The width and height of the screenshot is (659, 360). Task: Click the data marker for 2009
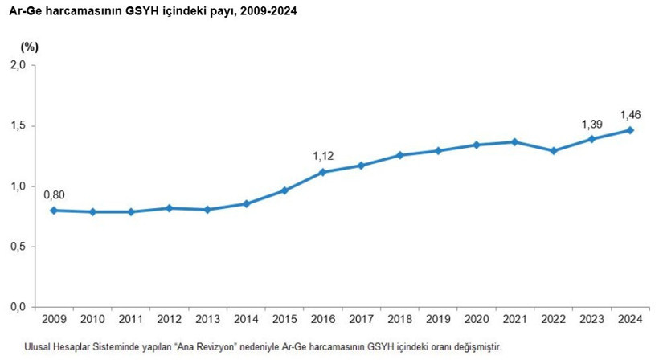tap(54, 211)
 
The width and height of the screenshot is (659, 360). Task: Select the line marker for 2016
tap(322, 172)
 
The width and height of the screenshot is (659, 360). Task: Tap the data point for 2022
tap(553, 151)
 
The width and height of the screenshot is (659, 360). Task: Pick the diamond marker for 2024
tap(630, 130)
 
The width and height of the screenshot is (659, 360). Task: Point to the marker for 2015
tap(284, 190)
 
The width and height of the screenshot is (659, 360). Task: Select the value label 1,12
tap(322, 154)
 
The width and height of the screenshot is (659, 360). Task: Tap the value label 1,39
tap(591, 125)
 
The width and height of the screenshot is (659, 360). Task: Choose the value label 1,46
tap(630, 114)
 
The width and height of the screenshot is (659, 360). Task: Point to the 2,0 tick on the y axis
tap(18, 65)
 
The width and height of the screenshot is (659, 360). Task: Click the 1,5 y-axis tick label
tap(18, 126)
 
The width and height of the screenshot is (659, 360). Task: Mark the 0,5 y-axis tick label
tap(18, 247)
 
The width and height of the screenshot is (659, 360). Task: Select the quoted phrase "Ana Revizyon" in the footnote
tap(192, 346)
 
